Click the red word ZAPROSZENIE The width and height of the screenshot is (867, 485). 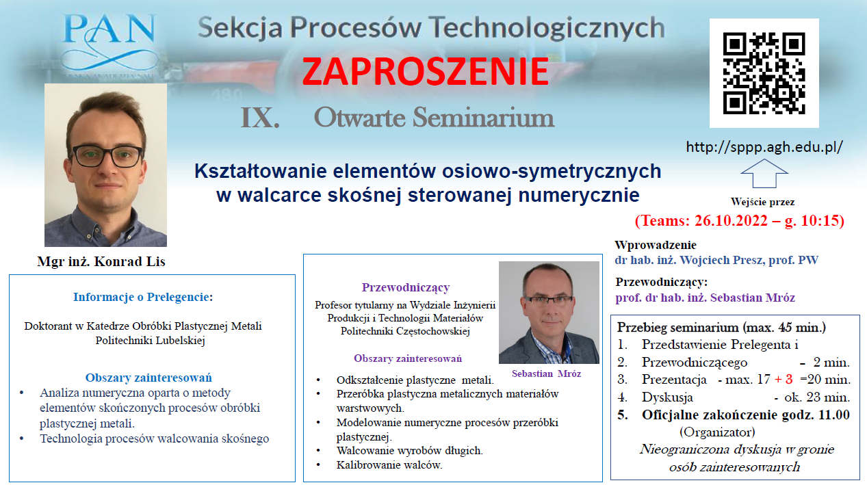(425, 71)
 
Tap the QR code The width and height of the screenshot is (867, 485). (764, 73)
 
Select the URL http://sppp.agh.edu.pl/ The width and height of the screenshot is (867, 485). (764, 147)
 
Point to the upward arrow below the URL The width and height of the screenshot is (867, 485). (764, 173)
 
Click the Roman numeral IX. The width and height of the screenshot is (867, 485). (260, 118)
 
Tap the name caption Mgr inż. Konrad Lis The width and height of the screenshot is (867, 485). (101, 262)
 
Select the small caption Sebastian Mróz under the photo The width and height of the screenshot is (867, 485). (546, 373)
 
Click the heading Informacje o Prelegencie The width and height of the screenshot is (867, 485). (143, 297)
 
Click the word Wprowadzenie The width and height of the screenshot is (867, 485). (656, 245)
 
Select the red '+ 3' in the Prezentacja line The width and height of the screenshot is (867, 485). (784, 380)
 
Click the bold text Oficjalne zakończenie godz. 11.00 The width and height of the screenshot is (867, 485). (745, 415)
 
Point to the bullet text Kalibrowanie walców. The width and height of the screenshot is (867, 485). (389, 465)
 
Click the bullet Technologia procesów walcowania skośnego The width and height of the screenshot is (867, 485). (155, 439)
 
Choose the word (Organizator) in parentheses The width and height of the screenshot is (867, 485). (717, 432)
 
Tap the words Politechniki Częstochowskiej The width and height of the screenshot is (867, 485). (405, 331)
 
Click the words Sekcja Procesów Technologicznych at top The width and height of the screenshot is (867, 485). (431, 28)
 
